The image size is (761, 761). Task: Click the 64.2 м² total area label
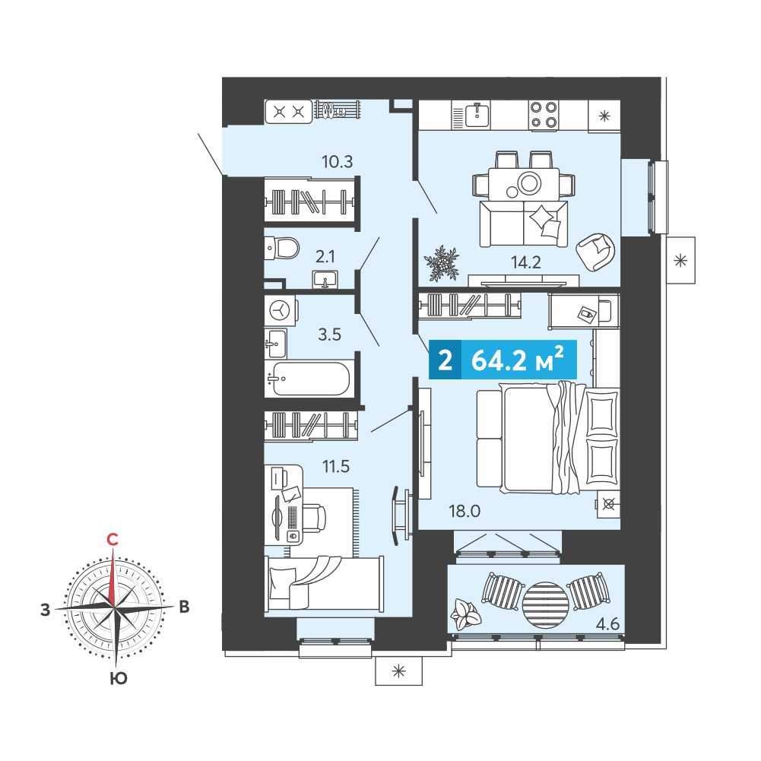[518, 360]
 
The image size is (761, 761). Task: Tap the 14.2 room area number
[525, 262]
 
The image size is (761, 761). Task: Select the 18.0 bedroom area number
[465, 511]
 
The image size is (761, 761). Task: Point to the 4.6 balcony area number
[607, 623]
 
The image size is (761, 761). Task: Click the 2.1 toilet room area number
[325, 256]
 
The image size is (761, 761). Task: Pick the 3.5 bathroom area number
[329, 335]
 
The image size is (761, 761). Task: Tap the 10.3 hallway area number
[338, 161]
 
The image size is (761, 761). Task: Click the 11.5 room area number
[336, 466]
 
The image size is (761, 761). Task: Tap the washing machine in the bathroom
[280, 310]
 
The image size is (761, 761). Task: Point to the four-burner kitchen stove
[543, 115]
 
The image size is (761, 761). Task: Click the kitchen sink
[477, 115]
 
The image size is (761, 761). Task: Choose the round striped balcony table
[545, 605]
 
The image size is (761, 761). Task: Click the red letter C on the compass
[112, 540]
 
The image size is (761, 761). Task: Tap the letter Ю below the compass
[119, 678]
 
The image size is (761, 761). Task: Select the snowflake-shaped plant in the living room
[442, 264]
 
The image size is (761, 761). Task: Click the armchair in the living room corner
[595, 251]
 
